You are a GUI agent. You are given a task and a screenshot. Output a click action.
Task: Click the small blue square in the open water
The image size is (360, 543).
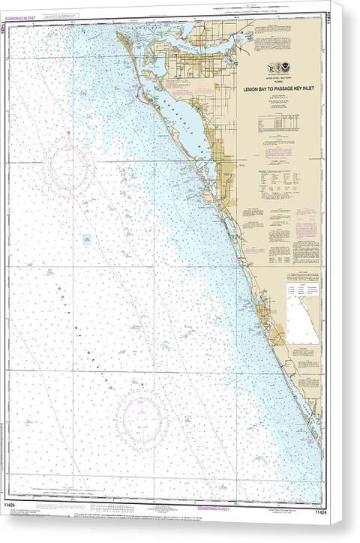click(87, 240)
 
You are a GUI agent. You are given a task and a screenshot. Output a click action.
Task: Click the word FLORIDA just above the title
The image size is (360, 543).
click(280, 83)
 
